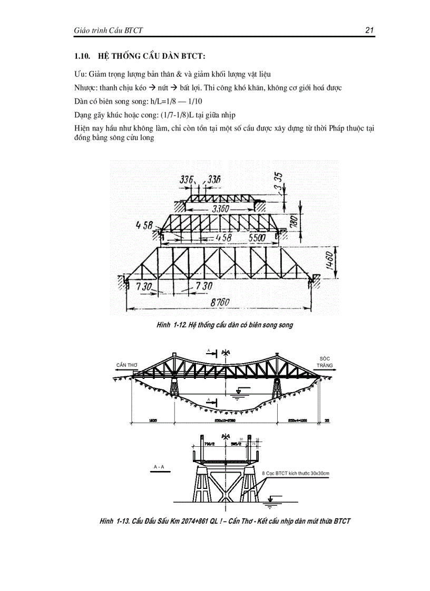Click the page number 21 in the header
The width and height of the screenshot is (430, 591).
click(x=369, y=31)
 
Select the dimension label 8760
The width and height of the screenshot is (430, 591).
click(x=221, y=303)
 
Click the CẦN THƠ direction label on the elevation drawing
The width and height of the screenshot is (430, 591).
click(x=126, y=365)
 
